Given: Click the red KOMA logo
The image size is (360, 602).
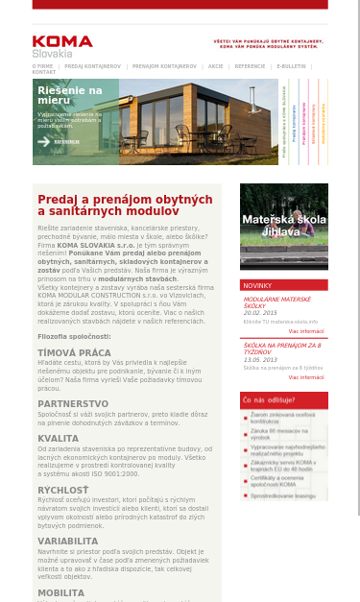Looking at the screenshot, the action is [62, 41].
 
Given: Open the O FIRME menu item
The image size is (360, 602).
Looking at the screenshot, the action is [44, 66].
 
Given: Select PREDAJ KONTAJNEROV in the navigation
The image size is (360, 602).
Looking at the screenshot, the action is [94, 66].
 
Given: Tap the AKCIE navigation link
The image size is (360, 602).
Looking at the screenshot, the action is [215, 66].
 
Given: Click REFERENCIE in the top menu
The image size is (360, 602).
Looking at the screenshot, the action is [250, 66].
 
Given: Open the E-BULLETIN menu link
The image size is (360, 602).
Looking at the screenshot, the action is [291, 66].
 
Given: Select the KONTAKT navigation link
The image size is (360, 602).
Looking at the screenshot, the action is [44, 72].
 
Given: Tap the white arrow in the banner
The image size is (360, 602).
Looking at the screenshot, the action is [43, 141].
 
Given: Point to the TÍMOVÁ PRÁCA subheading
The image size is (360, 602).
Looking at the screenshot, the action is [74, 352].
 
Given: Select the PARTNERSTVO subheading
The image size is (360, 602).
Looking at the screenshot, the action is [73, 403].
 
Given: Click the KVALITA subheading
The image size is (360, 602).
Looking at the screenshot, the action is [58, 438].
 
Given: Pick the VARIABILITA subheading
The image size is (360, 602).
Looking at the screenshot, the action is [68, 541].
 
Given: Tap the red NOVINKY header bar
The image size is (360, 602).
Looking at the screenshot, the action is [284, 285].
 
